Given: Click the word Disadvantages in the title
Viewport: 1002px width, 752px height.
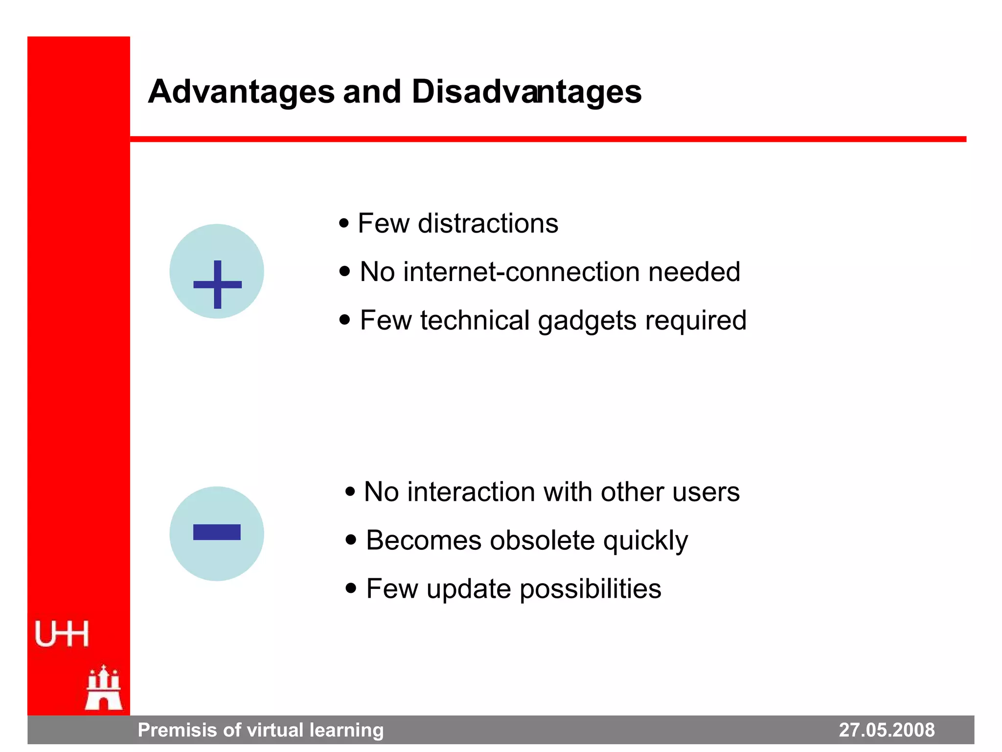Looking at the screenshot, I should pyautogui.click(x=526, y=92).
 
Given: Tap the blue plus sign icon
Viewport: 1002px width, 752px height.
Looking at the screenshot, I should pyautogui.click(x=217, y=284).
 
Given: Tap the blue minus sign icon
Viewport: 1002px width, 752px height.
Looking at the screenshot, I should pyautogui.click(x=217, y=532).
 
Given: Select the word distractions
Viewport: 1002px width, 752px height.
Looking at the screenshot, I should pyautogui.click(x=488, y=224).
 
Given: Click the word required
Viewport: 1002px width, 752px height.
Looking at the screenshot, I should pyautogui.click(x=696, y=321).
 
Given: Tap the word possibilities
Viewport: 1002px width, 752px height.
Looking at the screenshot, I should pyautogui.click(x=591, y=589).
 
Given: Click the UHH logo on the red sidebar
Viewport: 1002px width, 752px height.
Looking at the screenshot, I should pyautogui.click(x=62, y=634).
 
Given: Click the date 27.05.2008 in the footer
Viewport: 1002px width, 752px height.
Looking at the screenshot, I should pyautogui.click(x=887, y=730).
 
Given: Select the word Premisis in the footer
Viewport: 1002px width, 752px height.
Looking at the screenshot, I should pyautogui.click(x=177, y=730).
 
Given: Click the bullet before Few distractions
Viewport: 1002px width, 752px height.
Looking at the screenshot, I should pyautogui.click(x=344, y=224).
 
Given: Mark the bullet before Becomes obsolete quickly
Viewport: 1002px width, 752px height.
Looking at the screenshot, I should pyautogui.click(x=350, y=540).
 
